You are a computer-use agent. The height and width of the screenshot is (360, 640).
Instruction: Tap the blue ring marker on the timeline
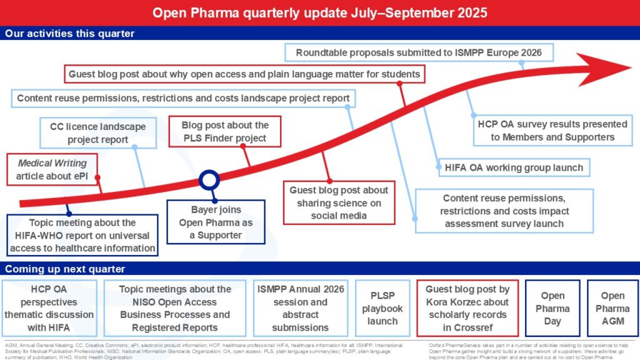click(209, 181)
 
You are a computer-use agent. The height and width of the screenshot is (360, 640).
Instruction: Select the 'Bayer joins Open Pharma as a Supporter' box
click(216, 222)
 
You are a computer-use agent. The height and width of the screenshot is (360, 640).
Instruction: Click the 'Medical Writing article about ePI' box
click(52, 169)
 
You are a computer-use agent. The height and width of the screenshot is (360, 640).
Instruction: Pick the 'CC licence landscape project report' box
click(97, 132)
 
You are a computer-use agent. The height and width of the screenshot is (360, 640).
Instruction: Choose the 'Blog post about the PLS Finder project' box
click(224, 131)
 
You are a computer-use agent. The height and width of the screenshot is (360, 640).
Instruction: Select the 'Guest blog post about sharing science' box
click(339, 202)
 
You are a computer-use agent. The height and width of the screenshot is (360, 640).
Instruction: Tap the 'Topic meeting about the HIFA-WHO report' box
click(82, 235)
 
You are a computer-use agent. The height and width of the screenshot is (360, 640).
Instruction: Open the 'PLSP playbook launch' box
click(382, 309)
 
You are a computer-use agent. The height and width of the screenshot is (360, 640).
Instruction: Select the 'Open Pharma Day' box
click(552, 309)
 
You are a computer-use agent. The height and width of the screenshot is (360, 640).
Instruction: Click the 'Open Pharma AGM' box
click(612, 309)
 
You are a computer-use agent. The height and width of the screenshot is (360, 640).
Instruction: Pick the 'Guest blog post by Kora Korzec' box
click(467, 309)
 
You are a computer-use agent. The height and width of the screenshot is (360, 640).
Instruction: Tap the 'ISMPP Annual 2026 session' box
click(301, 309)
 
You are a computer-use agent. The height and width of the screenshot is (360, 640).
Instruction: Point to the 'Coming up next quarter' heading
click(65, 269)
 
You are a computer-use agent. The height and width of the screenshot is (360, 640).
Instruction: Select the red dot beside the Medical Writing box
click(97, 177)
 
